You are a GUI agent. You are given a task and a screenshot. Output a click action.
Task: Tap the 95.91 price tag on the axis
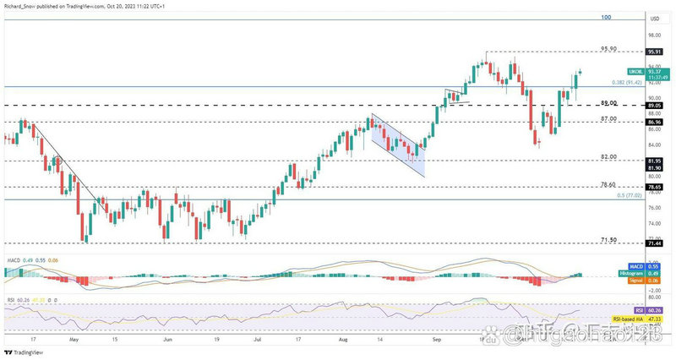click(653, 52)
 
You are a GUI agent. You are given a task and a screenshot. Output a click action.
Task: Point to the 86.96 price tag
click(653, 122)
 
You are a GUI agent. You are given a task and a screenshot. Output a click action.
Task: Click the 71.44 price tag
click(653, 243)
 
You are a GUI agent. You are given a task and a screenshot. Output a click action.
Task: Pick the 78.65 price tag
click(653, 187)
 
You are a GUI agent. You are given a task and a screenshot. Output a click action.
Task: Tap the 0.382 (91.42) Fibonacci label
click(626, 83)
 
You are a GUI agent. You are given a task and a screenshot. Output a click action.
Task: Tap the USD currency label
click(653, 19)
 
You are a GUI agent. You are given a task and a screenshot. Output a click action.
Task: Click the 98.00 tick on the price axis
click(653, 35)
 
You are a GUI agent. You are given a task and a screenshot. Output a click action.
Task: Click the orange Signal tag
click(639, 281)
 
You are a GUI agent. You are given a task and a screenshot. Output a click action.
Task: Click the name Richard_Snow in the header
click(20, 5)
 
